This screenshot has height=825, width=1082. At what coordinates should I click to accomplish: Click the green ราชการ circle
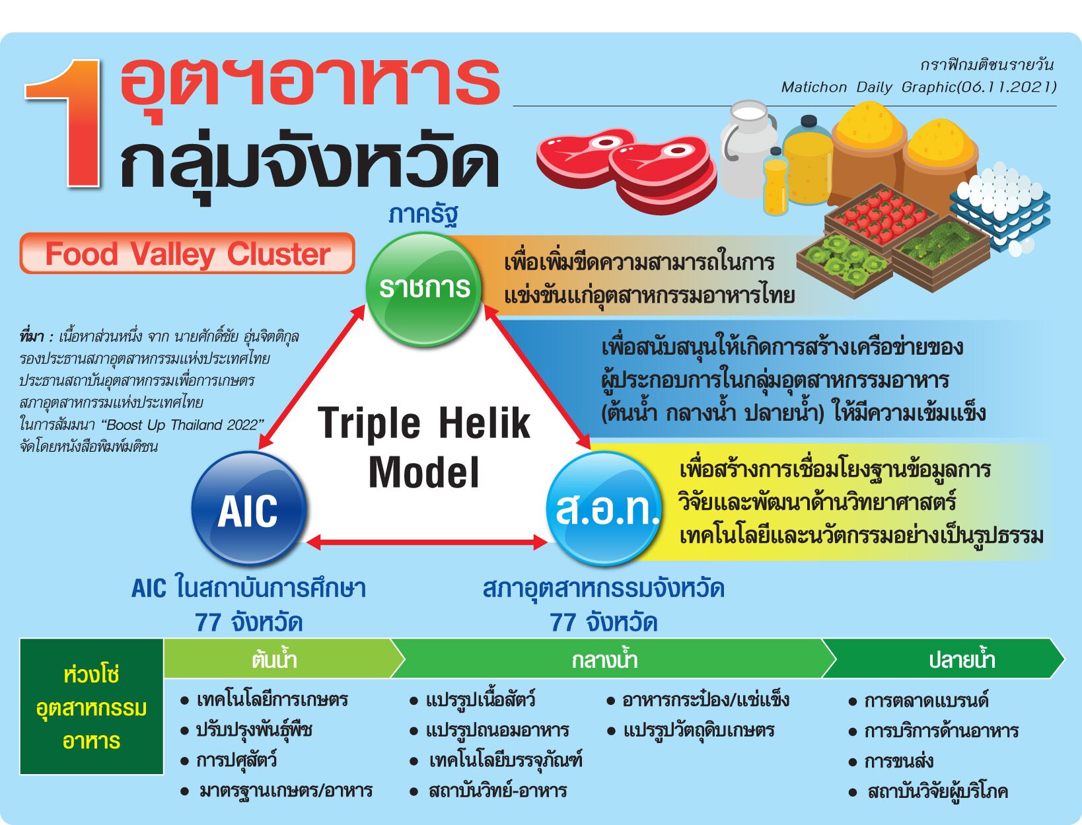pyautogui.click(x=423, y=289)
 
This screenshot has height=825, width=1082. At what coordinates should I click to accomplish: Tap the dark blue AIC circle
pyautogui.click(x=248, y=509)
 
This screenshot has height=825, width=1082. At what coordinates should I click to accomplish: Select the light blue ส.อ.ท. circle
pyautogui.click(x=604, y=509)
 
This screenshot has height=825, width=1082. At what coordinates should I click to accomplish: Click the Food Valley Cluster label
pyautogui.click(x=188, y=254)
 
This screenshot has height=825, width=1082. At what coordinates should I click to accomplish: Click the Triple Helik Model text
pyautogui.click(x=424, y=447)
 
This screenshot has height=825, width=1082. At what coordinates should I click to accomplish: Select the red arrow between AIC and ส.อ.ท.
pyautogui.click(x=426, y=542)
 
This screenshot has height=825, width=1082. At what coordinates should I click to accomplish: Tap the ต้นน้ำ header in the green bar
pyautogui.click(x=274, y=659)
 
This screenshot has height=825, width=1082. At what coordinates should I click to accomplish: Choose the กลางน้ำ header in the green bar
pyautogui.click(x=605, y=659)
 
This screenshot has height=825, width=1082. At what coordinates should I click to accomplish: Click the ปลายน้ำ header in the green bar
pyautogui.click(x=962, y=659)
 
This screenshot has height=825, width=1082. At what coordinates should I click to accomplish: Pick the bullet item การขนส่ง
pyautogui.click(x=891, y=761)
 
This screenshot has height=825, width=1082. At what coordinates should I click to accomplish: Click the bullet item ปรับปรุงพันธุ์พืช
pyautogui.click(x=246, y=730)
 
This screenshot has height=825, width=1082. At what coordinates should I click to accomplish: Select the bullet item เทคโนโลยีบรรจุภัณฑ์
pyautogui.click(x=497, y=760)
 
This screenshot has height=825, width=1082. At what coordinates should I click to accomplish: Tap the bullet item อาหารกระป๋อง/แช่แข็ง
pyautogui.click(x=698, y=699)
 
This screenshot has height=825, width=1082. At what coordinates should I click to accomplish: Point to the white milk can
pyautogui.click(x=747, y=149)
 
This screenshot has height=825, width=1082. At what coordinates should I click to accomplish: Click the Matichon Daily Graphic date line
pyautogui.click(x=919, y=87)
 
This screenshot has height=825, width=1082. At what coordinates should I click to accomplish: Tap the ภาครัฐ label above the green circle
pyautogui.click(x=423, y=215)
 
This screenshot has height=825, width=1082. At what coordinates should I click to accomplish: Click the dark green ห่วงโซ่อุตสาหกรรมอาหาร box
pyautogui.click(x=92, y=707)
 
